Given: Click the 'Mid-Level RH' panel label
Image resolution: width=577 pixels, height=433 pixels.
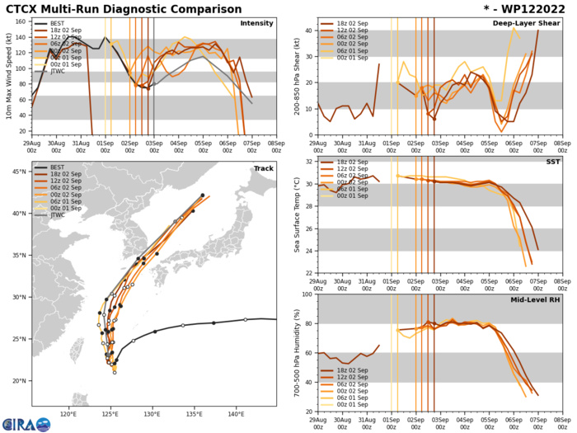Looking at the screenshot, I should [x=521, y=302].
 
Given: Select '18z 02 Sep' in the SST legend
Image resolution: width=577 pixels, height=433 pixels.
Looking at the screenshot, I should [x=359, y=162].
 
